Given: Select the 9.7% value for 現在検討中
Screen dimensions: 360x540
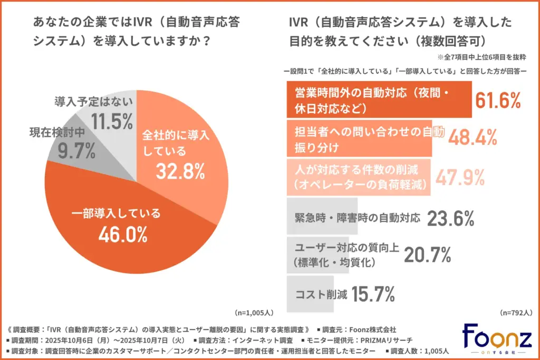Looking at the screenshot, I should [76, 151].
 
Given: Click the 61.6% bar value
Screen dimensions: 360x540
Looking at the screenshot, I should [498, 100].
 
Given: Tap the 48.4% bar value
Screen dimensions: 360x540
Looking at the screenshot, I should [472, 138].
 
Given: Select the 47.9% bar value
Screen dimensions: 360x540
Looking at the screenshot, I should [459, 177].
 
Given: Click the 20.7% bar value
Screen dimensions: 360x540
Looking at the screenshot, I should [427, 256].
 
